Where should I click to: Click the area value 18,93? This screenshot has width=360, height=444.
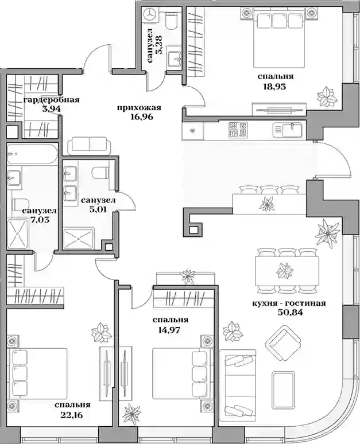point(274,87)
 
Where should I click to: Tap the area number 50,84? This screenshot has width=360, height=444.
point(288,313)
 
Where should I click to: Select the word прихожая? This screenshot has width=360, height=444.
point(139,108)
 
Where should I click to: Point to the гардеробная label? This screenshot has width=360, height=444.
point(52,100)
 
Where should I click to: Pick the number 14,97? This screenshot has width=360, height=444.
point(171,330)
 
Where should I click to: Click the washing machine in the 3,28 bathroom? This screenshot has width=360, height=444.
point(150,14)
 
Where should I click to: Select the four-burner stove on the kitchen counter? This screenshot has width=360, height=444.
point(238,130)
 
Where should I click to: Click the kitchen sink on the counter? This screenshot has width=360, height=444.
point(288,130)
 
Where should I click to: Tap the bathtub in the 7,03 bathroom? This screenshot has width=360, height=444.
point(32,154)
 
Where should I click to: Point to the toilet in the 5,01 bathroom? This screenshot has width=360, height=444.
point(100,173)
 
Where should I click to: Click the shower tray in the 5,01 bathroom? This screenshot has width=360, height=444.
point(79,239)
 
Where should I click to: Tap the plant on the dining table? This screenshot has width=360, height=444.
point(284,270)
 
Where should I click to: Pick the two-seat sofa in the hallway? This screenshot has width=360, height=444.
point(90,145)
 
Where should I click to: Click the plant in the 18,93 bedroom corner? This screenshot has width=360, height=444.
point(327,96)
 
